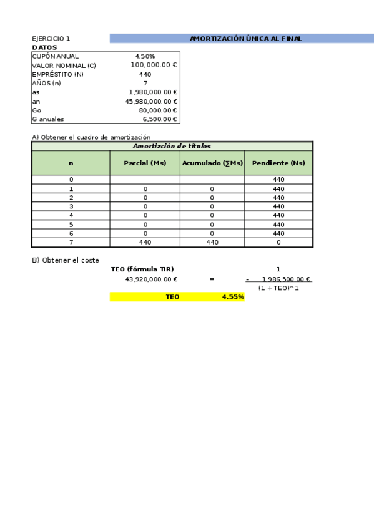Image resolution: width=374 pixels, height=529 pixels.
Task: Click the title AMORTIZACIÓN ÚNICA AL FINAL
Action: pyautogui.click(x=245, y=39)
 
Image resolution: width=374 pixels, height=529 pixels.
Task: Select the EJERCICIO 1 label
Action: pyautogui.click(x=51, y=39)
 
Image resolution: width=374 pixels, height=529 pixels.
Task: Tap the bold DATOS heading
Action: pyautogui.click(x=44, y=47)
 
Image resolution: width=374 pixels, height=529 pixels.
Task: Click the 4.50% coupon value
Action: pyautogui.click(x=145, y=56)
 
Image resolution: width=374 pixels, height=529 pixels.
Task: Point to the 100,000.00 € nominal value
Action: pyautogui.click(x=154, y=65)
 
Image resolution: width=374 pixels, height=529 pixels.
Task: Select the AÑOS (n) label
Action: pyautogui.click(x=46, y=83)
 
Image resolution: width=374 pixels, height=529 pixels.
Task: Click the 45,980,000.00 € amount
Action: pyautogui.click(x=151, y=101)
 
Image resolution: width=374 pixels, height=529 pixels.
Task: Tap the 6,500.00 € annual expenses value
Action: pyautogui.click(x=160, y=119)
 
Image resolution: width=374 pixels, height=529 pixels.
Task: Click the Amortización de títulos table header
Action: pyautogui.click(x=172, y=146)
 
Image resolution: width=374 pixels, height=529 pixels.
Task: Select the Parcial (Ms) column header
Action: pyautogui.click(x=145, y=163)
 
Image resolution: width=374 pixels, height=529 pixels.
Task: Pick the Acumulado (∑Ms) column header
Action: pyautogui.click(x=212, y=163)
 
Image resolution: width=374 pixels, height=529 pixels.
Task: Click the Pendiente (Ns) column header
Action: pyautogui.click(x=278, y=163)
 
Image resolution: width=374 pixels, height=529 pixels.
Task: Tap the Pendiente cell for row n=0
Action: pyautogui.click(x=278, y=180)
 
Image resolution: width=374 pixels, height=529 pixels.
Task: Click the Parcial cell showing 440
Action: pyautogui.click(x=145, y=243)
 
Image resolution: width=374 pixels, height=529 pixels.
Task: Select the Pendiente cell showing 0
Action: pyautogui.click(x=278, y=243)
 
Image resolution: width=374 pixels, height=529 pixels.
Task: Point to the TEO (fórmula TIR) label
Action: pyautogui.click(x=142, y=269)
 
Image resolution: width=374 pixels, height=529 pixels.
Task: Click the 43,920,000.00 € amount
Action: pyautogui.click(x=151, y=279)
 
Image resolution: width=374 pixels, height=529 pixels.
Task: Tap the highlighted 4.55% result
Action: pyautogui.click(x=232, y=298)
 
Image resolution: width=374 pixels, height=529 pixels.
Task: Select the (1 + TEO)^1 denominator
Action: pyautogui.click(x=278, y=288)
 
